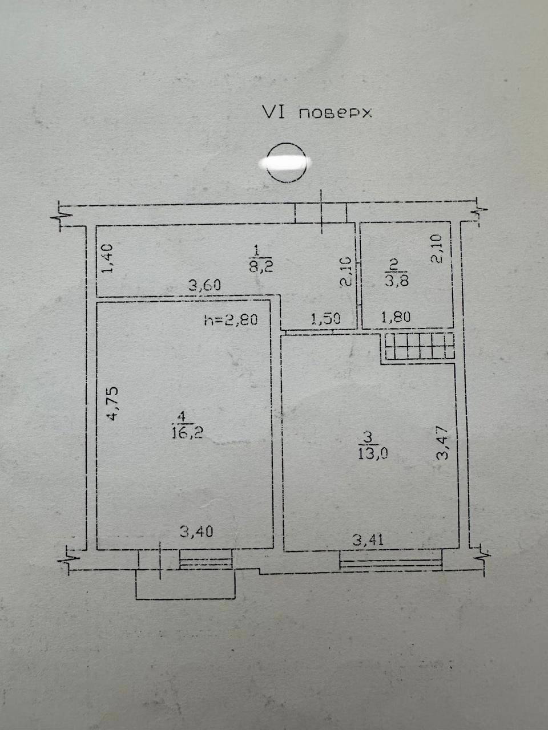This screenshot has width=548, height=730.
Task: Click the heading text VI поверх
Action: point(317,112)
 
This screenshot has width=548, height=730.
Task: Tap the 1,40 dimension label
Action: point(107,258)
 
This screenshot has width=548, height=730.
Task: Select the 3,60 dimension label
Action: point(204,285)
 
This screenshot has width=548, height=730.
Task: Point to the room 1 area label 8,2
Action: point(261,267)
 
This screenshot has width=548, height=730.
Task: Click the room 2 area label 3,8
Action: point(397,281)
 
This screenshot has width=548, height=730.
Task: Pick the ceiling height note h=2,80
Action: point(231,320)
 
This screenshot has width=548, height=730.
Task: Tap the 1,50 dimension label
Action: point(325,319)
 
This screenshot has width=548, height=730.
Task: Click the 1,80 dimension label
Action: point(396,317)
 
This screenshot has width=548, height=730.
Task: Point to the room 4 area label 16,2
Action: point(187,433)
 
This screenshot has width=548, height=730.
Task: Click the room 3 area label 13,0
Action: point(373,454)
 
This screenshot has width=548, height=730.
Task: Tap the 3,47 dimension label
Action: point(444,443)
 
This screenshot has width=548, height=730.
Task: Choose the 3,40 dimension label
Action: point(196,532)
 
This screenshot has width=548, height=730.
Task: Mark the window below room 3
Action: point(391,561)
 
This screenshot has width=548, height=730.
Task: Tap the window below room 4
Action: point(205,559)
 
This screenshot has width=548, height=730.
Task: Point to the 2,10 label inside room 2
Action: point(436,249)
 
